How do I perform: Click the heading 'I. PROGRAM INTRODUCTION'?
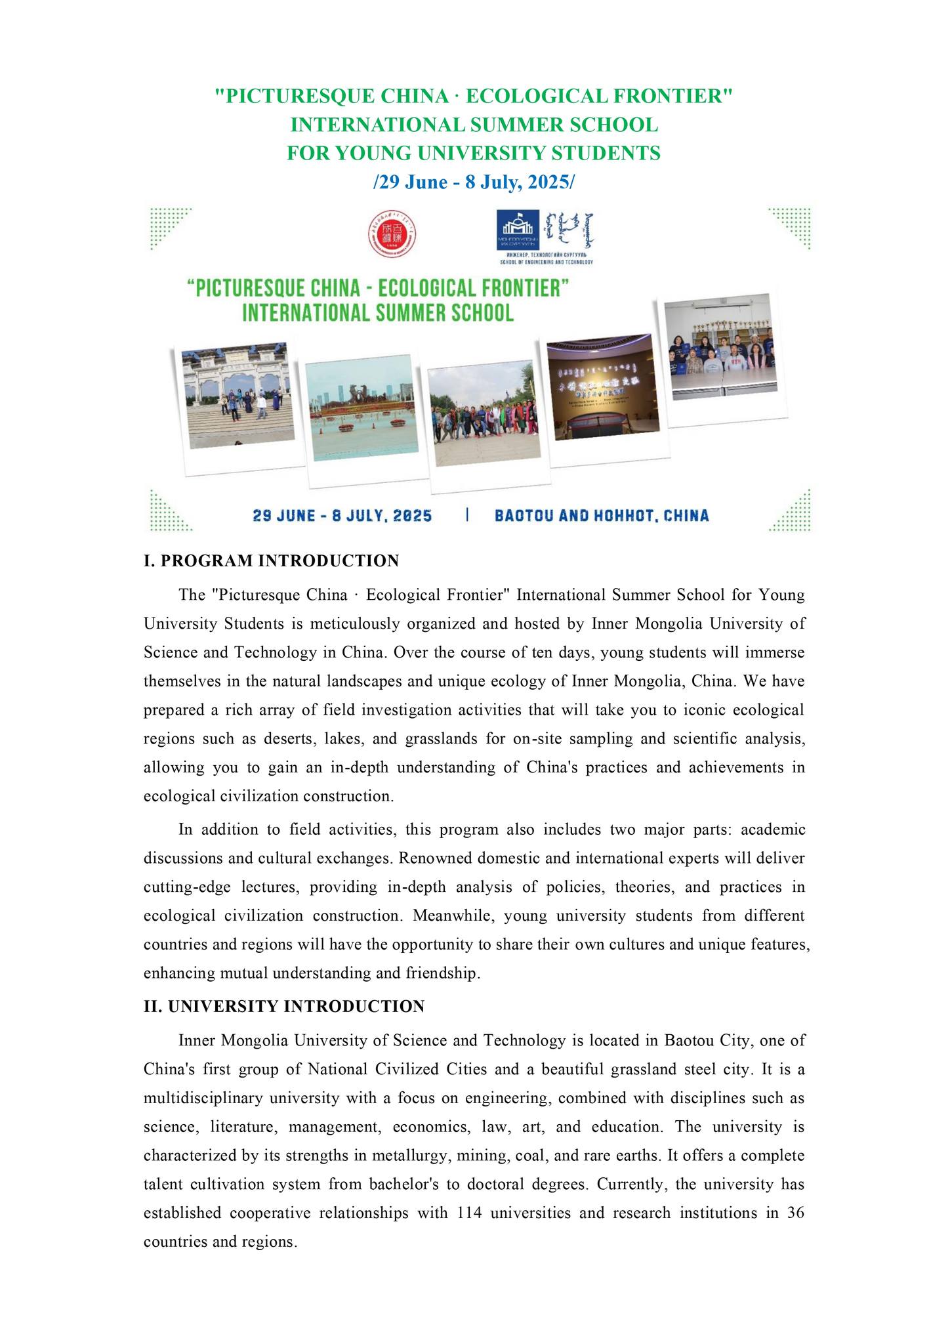271,561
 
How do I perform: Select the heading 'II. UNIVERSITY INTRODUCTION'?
284,1006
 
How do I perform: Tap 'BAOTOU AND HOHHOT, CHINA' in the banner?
602,515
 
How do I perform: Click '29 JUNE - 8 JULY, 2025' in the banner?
342,515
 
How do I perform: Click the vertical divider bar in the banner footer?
467,514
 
